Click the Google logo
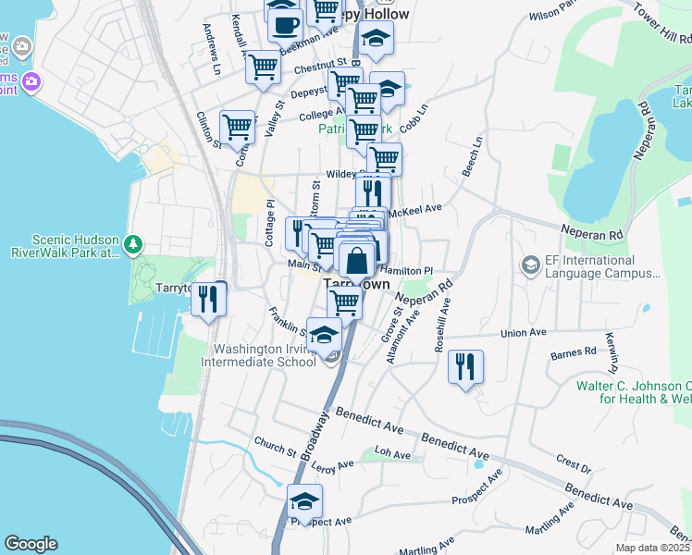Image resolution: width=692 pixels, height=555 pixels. (31, 544)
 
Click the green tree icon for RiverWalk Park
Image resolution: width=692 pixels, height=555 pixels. (135, 244)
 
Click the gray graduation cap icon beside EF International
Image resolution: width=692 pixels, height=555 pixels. (531, 266)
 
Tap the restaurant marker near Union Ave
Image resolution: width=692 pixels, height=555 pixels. (465, 366)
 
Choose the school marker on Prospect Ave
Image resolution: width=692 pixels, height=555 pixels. (304, 500)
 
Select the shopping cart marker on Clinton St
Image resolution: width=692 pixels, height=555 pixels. (238, 126)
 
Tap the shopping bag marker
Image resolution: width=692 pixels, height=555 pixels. (358, 256)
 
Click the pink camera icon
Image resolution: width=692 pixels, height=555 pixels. (32, 82)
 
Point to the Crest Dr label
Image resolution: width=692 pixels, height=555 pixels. (573, 460)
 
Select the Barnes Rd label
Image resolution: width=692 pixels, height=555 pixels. (572, 352)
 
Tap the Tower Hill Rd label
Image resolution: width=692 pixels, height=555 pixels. (661, 24)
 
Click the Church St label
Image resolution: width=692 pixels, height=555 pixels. (274, 446)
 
